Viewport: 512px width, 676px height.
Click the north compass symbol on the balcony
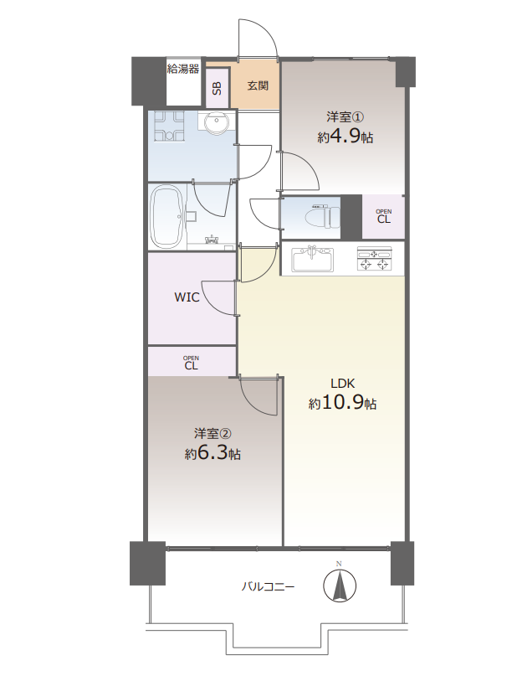(340, 586)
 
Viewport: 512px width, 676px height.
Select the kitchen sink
(313, 260)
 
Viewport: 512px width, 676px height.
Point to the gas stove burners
(375, 260)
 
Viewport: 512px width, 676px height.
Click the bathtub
(167, 217)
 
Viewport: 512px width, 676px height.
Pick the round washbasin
(217, 121)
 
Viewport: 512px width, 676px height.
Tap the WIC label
(187, 297)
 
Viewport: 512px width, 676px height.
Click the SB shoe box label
(217, 88)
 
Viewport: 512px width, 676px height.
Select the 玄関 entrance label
(258, 85)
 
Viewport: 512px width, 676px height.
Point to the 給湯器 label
(183, 69)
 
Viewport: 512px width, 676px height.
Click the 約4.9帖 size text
(345, 137)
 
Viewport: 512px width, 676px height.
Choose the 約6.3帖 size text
(212, 453)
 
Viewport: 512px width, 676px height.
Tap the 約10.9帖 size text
(342, 403)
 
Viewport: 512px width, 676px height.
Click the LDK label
(342, 383)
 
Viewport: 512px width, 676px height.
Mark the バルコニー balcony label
(268, 586)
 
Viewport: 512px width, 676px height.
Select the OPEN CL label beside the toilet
(384, 216)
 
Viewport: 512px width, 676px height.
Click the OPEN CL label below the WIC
(191, 363)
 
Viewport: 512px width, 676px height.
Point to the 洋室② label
(212, 432)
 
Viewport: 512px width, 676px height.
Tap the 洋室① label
(346, 116)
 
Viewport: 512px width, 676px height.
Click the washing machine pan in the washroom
(169, 126)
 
